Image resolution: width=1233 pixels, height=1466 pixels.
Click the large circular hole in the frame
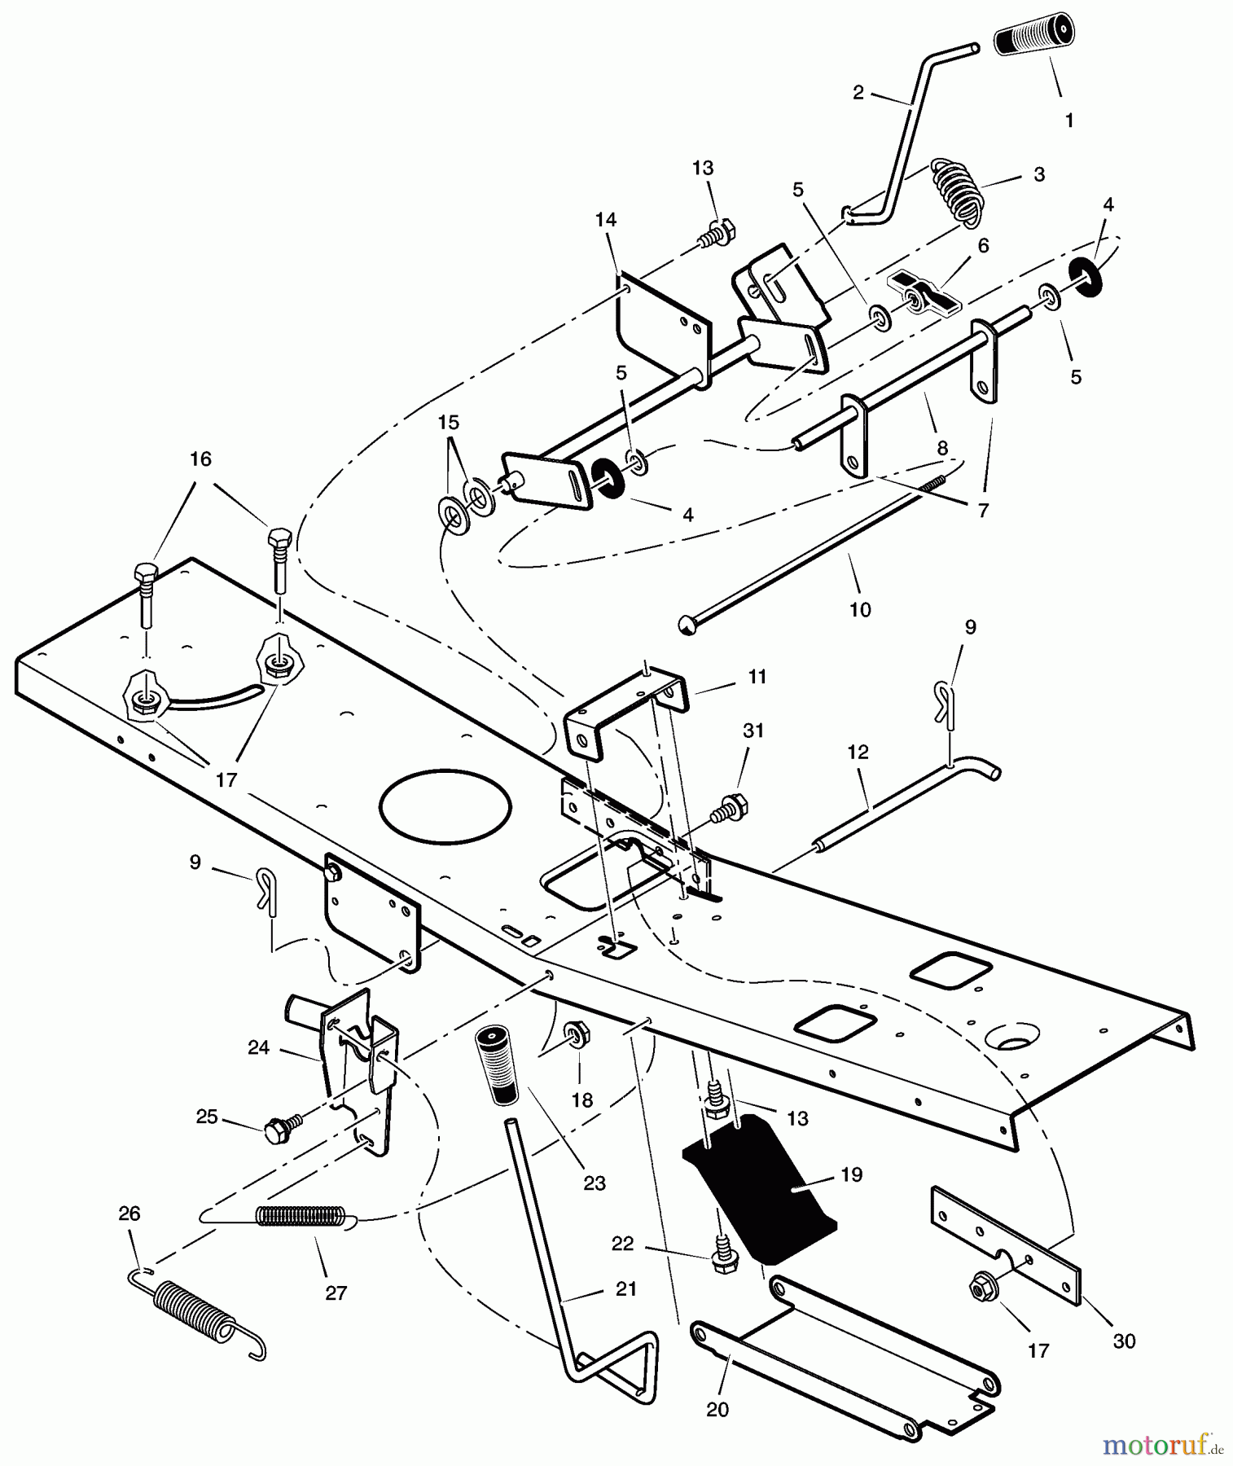tap(445, 807)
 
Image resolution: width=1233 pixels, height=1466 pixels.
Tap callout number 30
tap(1124, 1341)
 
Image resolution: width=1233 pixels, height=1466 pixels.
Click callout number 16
tap(200, 459)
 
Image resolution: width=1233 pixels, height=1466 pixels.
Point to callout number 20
tap(717, 1409)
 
